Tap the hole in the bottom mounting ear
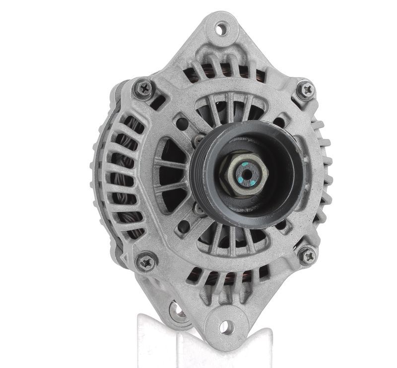coord(226,327)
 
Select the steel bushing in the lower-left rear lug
coord(177,312)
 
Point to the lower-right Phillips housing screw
coord(308,256)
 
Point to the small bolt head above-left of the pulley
coord(197,140)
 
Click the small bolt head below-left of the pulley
coord(198,208)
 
